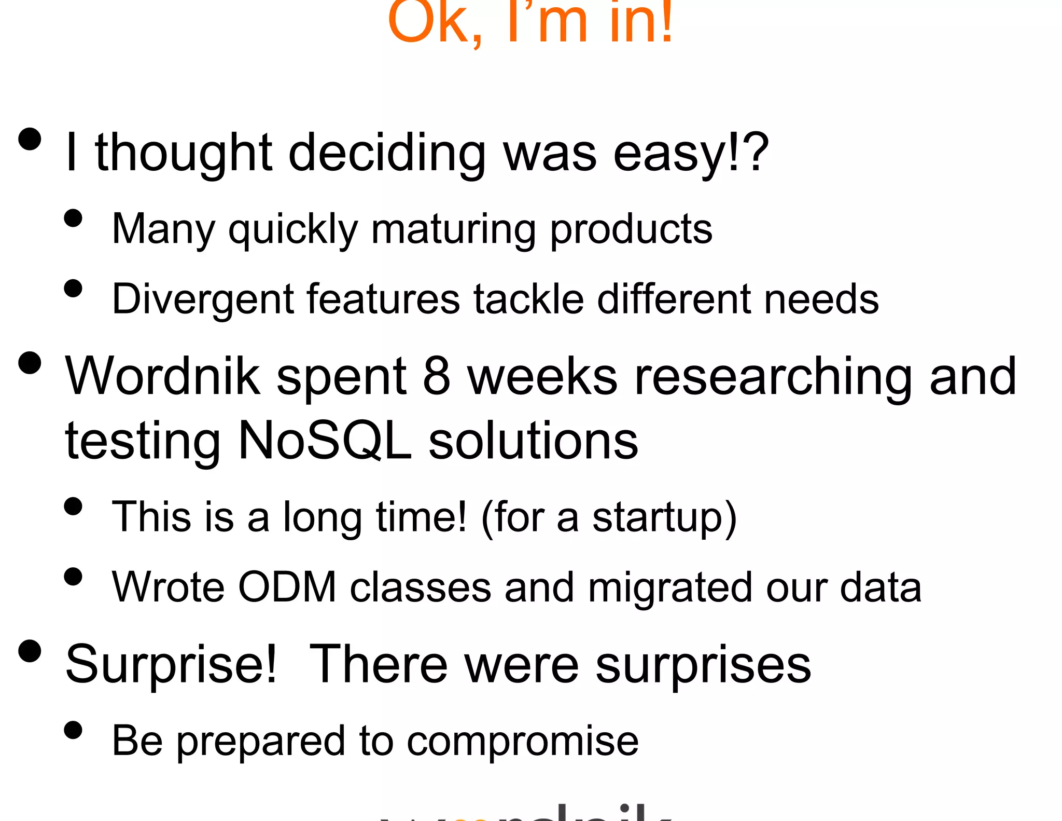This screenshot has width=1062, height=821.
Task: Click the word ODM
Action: coord(288,587)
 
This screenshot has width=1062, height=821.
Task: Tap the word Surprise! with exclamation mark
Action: coord(172,665)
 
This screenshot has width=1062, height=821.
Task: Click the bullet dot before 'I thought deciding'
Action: coord(30,139)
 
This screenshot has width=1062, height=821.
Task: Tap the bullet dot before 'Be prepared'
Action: coord(73,730)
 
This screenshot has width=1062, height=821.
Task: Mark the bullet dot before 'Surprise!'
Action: coord(30,651)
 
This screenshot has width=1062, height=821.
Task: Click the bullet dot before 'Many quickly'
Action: coord(73,218)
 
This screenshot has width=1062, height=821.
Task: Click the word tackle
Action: coord(529,299)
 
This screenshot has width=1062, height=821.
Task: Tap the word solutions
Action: coord(534,441)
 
